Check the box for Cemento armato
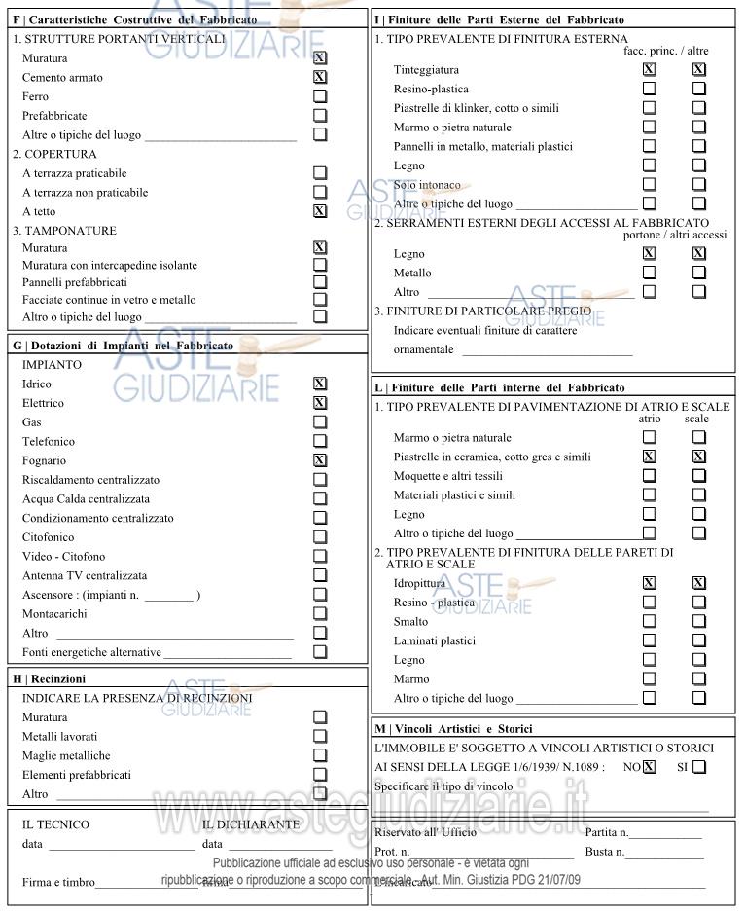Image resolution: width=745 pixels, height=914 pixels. click(x=319, y=77)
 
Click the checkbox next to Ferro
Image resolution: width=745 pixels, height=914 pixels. click(x=319, y=96)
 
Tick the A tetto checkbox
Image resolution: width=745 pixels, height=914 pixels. click(x=319, y=211)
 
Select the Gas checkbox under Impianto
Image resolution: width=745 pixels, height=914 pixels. click(x=319, y=422)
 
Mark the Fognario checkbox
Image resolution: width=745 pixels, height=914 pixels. click(x=319, y=460)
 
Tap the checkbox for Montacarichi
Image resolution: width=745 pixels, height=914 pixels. click(x=319, y=614)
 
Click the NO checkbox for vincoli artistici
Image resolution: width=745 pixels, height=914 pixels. click(x=650, y=767)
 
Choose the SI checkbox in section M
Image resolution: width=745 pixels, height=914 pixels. click(x=698, y=767)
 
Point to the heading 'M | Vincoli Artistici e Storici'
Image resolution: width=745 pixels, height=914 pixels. click(x=453, y=729)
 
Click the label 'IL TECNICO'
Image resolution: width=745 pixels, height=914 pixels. click(x=55, y=824)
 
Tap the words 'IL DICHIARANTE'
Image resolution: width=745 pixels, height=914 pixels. click(x=251, y=824)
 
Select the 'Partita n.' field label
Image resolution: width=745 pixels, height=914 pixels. click(x=607, y=832)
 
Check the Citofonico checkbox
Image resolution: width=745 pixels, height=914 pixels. click(x=319, y=537)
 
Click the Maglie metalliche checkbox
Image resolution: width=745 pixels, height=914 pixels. click(x=319, y=755)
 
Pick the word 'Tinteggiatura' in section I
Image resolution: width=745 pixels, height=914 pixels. click(x=426, y=70)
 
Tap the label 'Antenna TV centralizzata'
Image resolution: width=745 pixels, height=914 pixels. click(x=85, y=575)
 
